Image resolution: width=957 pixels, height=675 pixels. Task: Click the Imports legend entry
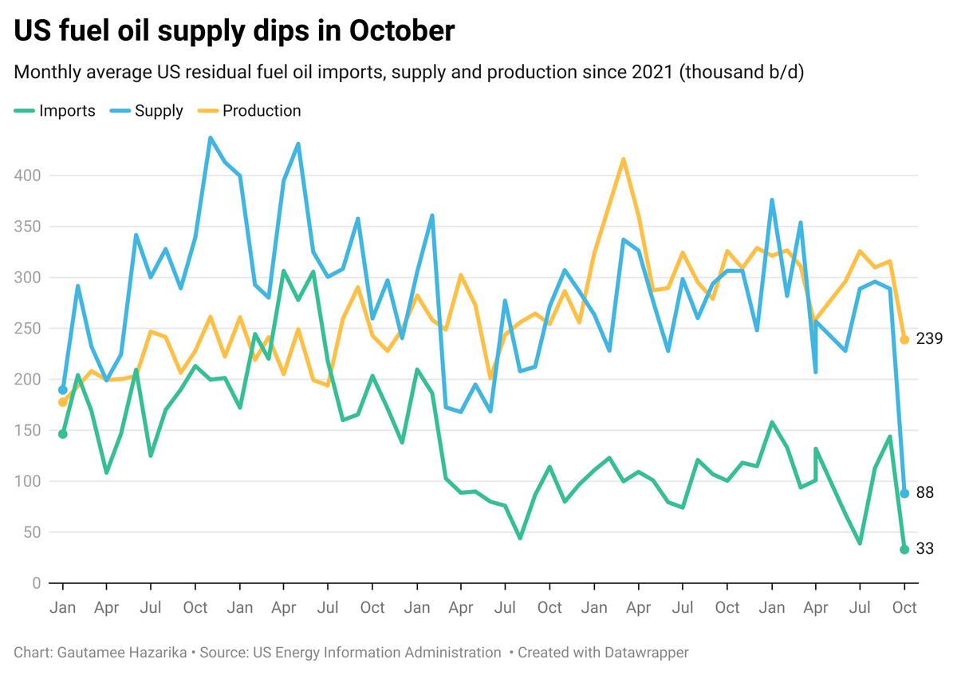tap(67, 111)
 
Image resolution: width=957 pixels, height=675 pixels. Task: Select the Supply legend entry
tap(159, 111)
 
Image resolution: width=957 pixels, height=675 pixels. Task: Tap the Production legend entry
tap(262, 111)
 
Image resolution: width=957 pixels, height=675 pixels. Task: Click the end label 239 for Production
tap(930, 339)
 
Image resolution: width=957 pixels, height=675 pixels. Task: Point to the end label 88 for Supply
tap(924, 493)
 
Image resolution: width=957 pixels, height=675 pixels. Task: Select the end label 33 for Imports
tap(924, 549)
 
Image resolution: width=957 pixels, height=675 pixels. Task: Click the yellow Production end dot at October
tap(904, 340)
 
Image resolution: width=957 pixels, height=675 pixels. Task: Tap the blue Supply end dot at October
tap(904, 493)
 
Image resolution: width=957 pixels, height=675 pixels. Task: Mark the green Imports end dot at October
tap(904, 549)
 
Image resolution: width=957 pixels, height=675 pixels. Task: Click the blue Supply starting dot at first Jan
tap(63, 390)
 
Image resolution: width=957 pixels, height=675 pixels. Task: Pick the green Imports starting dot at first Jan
tap(63, 434)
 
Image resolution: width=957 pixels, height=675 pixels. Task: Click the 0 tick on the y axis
tap(36, 583)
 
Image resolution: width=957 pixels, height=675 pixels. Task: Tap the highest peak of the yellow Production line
tap(623, 160)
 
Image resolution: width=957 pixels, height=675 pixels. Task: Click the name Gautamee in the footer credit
tap(85, 653)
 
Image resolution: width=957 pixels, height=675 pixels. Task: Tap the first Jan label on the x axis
tap(63, 608)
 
